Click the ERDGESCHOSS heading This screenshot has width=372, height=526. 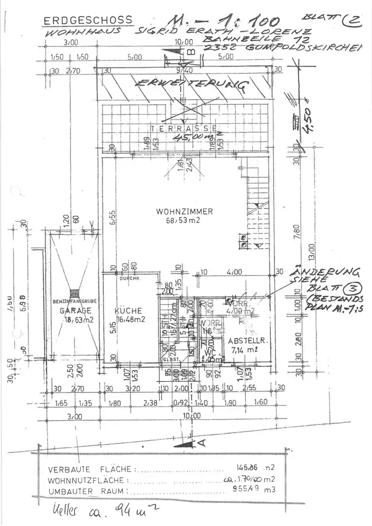(x=88, y=21)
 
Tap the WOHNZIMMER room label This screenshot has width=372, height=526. (x=177, y=212)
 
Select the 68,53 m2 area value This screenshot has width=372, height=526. (x=178, y=220)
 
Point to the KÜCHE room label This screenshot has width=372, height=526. (x=128, y=311)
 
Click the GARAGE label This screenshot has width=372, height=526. (x=75, y=311)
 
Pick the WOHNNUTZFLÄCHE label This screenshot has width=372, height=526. (x=86, y=481)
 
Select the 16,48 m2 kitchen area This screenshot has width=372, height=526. (x=128, y=320)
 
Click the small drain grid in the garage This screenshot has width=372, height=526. (x=75, y=293)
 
